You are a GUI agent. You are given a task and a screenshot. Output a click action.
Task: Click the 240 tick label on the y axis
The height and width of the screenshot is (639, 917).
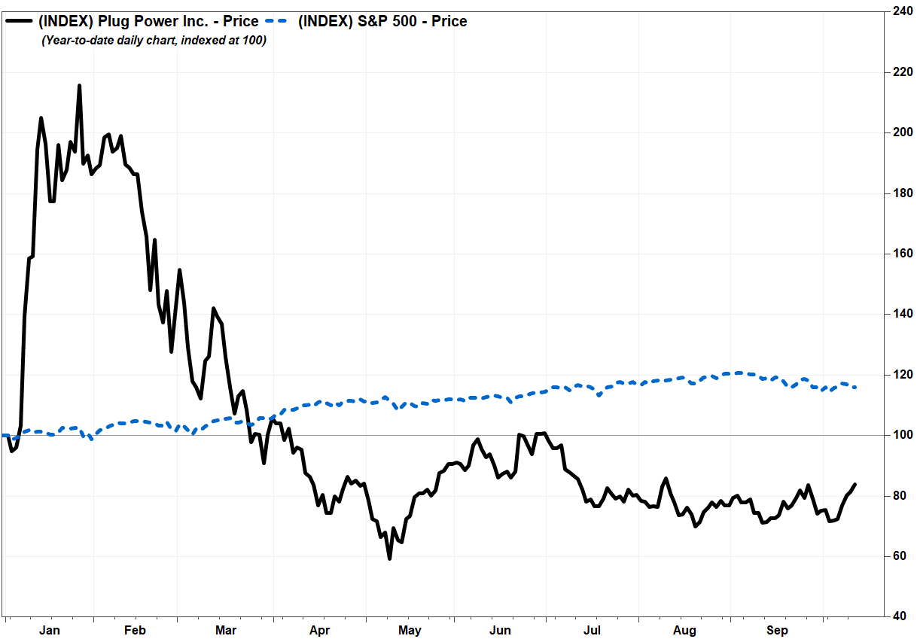point(901,11)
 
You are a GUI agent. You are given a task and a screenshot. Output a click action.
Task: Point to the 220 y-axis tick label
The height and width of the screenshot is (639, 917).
point(901,72)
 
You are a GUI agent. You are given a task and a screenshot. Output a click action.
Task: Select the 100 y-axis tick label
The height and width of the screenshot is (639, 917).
point(901,435)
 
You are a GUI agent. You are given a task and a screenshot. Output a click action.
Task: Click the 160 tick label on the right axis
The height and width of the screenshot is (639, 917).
point(901,254)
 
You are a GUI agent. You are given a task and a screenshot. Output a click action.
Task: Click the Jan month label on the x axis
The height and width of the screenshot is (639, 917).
point(49,630)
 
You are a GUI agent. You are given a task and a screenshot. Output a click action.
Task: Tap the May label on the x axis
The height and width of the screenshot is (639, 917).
point(410,630)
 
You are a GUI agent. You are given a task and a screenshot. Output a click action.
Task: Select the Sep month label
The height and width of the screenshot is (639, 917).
point(777,630)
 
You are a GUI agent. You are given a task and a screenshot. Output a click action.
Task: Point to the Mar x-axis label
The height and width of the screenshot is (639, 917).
point(226,630)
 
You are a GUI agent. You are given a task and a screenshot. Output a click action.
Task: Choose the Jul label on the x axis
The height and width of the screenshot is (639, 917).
point(593,630)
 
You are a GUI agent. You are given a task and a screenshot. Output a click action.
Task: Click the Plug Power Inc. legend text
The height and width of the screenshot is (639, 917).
point(148,22)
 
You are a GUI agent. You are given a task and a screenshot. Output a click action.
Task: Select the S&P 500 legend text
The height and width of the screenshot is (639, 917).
point(382,22)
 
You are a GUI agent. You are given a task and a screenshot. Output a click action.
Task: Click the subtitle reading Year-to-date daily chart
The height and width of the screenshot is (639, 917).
point(154,41)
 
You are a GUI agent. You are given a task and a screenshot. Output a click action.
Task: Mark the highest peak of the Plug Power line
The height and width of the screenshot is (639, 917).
point(79,86)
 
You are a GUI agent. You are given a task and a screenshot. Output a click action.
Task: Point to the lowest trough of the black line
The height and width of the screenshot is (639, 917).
point(389,558)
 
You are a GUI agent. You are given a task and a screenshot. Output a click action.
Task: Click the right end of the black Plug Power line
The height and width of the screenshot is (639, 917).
point(854,484)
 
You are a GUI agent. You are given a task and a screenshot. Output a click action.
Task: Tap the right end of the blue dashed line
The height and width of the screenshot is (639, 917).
point(854,387)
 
